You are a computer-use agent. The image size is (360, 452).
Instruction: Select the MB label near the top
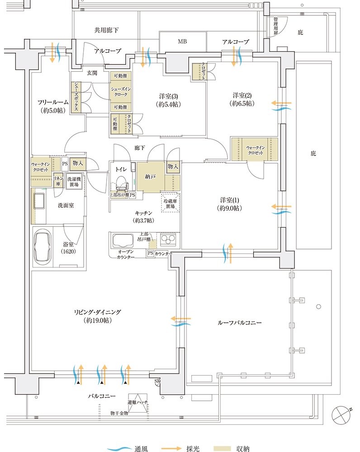pyautogui.click(x=182, y=42)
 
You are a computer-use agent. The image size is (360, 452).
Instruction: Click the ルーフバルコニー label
pyautogui.click(x=237, y=323)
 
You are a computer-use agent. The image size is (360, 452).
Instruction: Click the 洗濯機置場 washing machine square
pyautogui.click(x=75, y=182)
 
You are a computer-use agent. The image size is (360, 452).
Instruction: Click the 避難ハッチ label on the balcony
pyautogui.click(x=137, y=402)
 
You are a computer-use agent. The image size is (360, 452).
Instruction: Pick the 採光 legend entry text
pyautogui.click(x=192, y=449)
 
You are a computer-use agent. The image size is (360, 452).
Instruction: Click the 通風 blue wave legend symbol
pyautogui.click(x=119, y=449)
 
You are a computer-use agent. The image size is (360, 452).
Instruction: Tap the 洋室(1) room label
pyautogui.click(x=230, y=203)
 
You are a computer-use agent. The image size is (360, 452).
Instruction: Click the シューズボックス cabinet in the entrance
pyautogui.click(x=76, y=97)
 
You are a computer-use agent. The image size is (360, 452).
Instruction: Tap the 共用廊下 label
pyautogui.click(x=106, y=30)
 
